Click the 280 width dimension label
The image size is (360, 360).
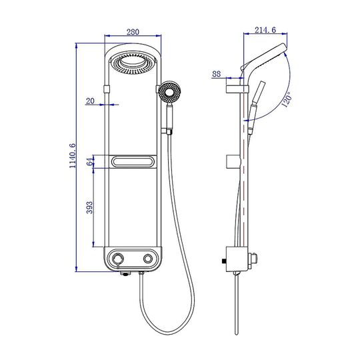coord(133,32)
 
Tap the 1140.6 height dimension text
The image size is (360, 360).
coord(73,155)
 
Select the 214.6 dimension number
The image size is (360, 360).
coord(265,30)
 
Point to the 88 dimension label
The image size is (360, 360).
coord(216,74)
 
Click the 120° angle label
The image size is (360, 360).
coord(287,99)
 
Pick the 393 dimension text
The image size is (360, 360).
coord(89,207)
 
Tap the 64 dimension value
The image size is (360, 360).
coord(90,161)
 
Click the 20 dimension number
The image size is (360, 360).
coord(90,101)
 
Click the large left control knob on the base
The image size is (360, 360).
coord(118,259)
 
